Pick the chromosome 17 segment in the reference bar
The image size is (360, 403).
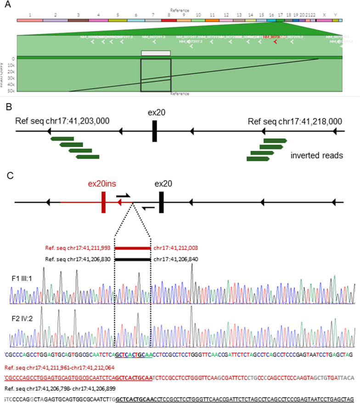pos(280,21)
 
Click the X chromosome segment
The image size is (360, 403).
pos(324,21)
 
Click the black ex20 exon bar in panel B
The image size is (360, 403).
pos(155,131)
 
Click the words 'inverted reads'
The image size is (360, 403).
pos(316,156)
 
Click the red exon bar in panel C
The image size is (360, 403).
pos(104,202)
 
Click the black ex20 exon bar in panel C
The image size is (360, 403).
pos(161,202)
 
